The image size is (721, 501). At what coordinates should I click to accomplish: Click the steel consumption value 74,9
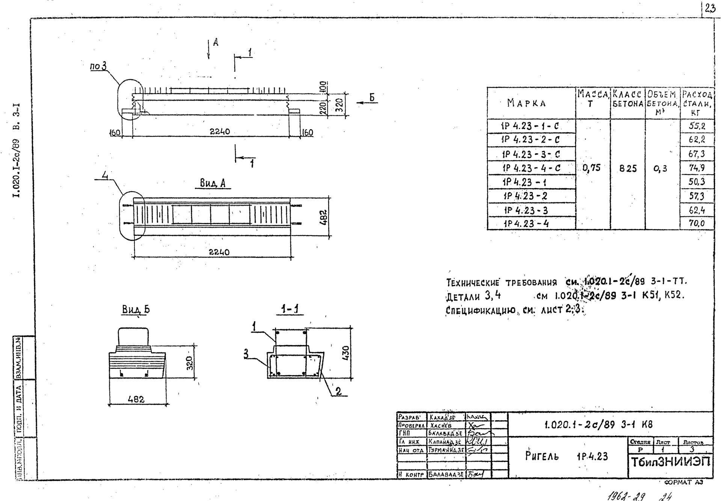tap(697, 168)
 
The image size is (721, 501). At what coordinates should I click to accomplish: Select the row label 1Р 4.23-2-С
tap(531, 140)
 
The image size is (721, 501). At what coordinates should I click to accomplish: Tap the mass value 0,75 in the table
tap(591, 168)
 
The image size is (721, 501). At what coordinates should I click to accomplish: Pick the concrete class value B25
tap(628, 169)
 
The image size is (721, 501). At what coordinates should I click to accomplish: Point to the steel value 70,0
tap(697, 224)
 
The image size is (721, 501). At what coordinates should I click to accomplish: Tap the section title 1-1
tap(292, 309)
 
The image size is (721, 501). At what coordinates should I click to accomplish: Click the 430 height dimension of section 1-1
tap(346, 352)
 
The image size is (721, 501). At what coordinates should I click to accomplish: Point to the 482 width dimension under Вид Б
tap(136, 399)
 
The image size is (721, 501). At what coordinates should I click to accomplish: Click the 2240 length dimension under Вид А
tap(219, 252)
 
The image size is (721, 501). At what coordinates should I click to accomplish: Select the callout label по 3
tap(98, 66)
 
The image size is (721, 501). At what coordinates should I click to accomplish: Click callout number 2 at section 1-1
tap(338, 391)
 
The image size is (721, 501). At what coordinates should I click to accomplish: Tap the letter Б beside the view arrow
tap(372, 98)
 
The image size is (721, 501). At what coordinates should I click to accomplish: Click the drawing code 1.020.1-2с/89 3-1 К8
tap(599, 425)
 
